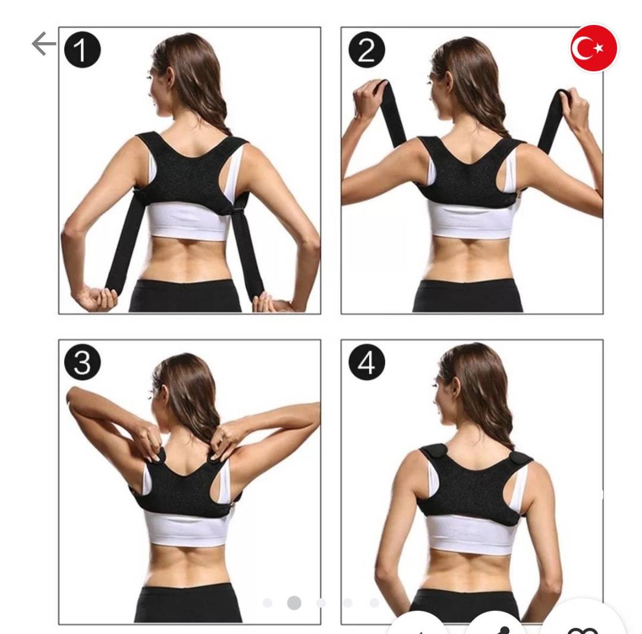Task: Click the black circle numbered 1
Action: [82, 49]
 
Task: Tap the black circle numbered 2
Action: [366, 49]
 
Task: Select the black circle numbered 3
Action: [82, 362]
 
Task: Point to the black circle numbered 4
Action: [366, 362]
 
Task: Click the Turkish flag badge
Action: [594, 48]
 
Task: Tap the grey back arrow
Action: [44, 44]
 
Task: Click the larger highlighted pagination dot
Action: [294, 603]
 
